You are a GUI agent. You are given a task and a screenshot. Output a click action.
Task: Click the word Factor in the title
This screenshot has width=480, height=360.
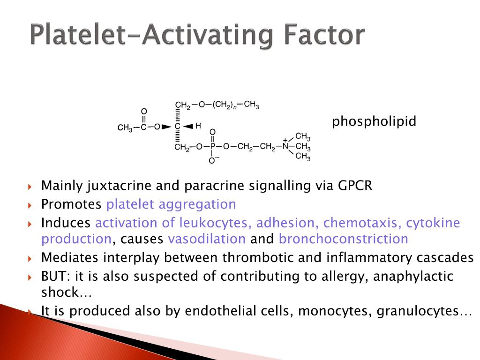323,35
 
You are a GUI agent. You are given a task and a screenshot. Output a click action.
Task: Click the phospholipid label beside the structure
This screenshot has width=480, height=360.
374,122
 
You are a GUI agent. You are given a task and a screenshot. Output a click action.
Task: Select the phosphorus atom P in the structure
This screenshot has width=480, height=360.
212,147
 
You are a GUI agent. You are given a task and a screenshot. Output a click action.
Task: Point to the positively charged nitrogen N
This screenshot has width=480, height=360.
285,146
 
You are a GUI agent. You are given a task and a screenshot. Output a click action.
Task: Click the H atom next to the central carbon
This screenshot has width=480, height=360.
198,126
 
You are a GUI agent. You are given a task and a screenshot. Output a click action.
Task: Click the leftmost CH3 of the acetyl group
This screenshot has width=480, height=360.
125,127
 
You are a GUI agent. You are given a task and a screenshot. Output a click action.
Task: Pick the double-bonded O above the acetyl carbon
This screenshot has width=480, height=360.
144,112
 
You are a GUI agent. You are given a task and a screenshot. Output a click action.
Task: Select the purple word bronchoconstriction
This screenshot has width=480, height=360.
343,239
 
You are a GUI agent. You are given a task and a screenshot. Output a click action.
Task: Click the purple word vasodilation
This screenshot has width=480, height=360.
207,239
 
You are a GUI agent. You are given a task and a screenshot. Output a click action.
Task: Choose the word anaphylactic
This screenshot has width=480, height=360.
413,276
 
